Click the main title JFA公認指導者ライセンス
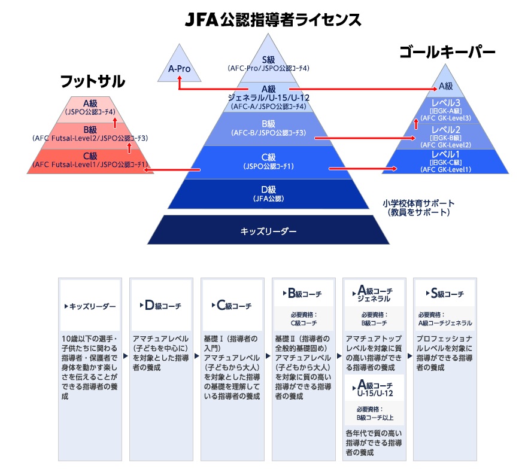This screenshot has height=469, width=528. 272,20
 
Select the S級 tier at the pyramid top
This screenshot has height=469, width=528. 268,63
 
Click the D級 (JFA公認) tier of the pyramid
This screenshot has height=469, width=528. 268,194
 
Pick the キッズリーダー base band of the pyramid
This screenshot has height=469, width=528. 268,230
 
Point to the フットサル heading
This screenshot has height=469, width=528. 93,81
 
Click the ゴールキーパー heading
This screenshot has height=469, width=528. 448,53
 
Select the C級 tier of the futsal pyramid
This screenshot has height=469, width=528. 90,160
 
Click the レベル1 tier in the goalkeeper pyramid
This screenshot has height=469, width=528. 446,162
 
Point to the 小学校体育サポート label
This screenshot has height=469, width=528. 418,208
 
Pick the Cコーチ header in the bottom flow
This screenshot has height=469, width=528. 231,306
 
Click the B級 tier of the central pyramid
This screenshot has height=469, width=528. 268,128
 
